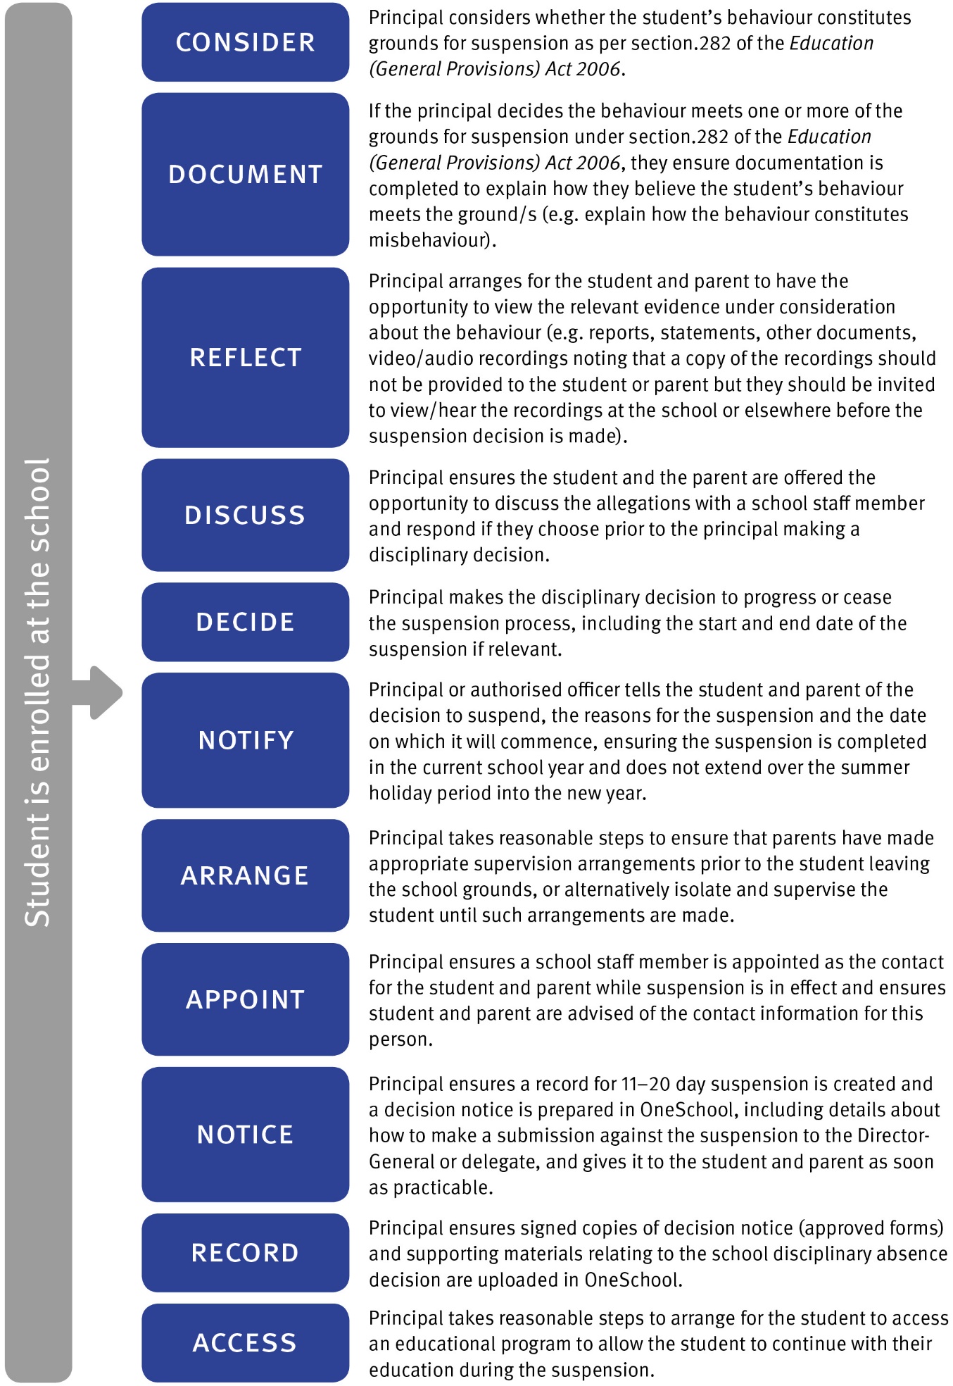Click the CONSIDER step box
[x=245, y=42]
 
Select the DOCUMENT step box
[x=245, y=174]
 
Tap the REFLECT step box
[x=245, y=357]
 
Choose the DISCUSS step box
[x=245, y=515]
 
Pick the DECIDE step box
[x=245, y=622]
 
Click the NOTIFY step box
[x=245, y=740]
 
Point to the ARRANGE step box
[x=245, y=875]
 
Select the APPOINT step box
[x=245, y=999]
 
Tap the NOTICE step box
[x=245, y=1135]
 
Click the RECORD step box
[x=245, y=1253]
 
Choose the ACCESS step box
[x=245, y=1343]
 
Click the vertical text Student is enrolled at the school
[x=38, y=693]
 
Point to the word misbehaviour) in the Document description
[x=432, y=240]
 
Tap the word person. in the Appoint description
[x=400, y=1039]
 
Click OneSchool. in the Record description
[x=633, y=1280]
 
